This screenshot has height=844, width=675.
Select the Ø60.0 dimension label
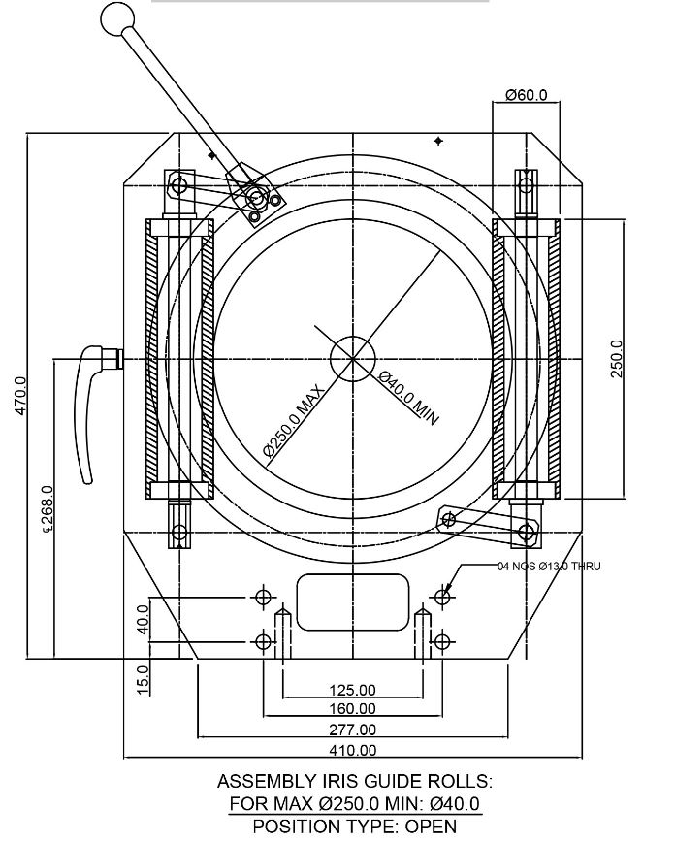527,95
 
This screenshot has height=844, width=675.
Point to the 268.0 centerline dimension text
48,510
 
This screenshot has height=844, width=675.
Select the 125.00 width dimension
352,690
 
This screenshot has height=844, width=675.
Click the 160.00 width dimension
352,709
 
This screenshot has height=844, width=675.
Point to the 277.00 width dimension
352,730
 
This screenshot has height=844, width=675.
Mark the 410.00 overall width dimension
352,750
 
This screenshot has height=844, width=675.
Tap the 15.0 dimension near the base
143,678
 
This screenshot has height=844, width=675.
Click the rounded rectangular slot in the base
351,601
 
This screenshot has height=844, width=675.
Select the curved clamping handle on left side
92,407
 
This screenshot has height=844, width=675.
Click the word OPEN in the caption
431,827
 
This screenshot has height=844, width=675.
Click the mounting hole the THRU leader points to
442,597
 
